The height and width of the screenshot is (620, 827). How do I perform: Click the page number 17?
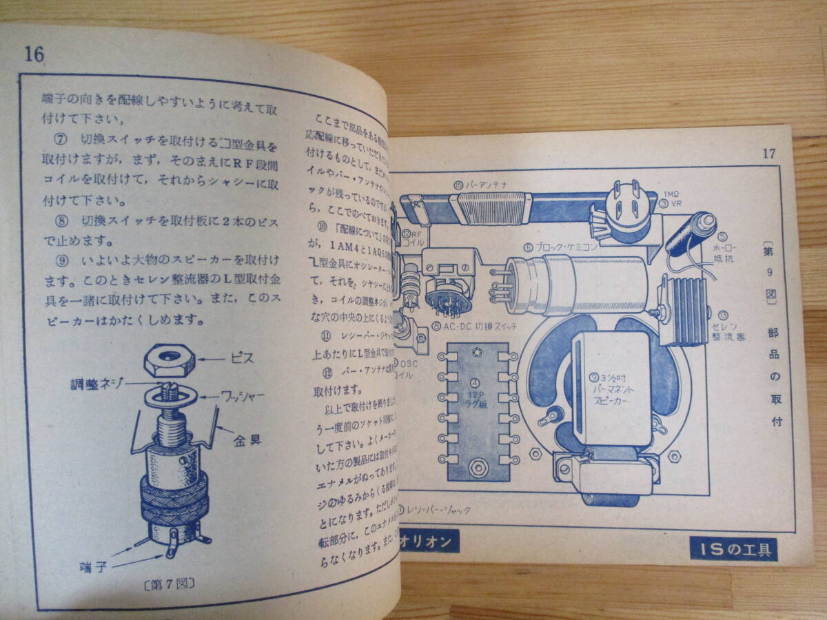(769, 153)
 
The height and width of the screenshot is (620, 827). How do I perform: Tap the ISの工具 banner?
(734, 549)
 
